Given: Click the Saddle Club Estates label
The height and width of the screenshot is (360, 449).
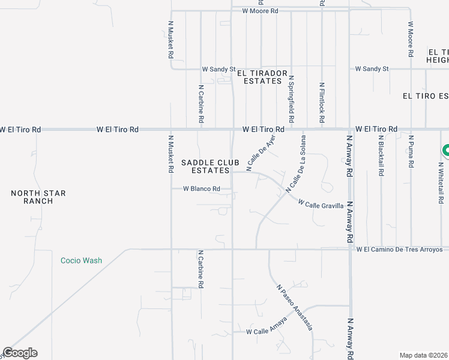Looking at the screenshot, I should pyautogui.click(x=210, y=166).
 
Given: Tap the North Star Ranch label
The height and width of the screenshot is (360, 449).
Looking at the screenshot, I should pyautogui.click(x=38, y=197).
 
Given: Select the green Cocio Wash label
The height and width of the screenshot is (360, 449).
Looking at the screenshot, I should pyautogui.click(x=81, y=260).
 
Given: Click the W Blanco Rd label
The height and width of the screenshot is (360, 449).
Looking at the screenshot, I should pyautogui.click(x=202, y=189).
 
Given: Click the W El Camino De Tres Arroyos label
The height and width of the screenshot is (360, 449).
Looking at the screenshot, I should pyautogui.click(x=399, y=250).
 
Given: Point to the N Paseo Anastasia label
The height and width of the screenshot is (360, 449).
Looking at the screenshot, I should pyautogui.click(x=294, y=308).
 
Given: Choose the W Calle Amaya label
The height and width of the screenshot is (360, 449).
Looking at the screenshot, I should pyautogui.click(x=267, y=328).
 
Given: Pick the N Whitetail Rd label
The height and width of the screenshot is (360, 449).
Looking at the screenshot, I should pyautogui.click(x=441, y=177).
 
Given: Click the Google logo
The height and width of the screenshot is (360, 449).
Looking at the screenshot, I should pyautogui.click(x=20, y=353).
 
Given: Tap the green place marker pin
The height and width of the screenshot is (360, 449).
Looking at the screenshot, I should pyautogui.click(x=445, y=150).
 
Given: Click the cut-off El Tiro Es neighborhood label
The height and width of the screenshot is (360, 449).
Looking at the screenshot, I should pyautogui.click(x=426, y=96).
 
